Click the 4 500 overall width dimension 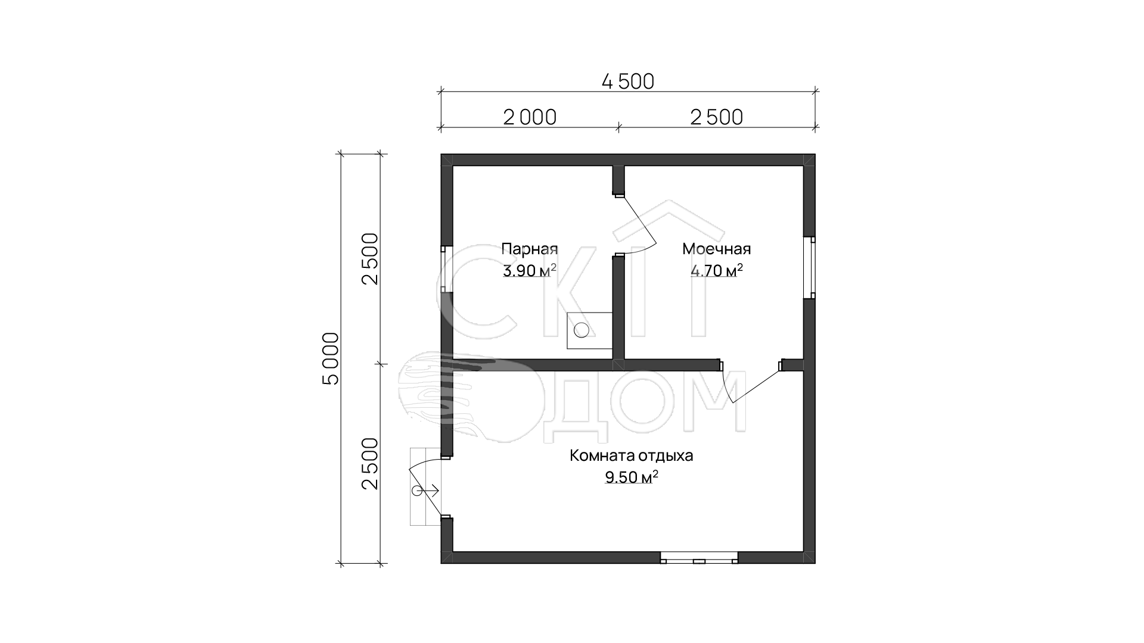click(628, 81)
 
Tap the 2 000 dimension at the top click(530, 117)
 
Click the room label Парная click(530, 249)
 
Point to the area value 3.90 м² click(530, 271)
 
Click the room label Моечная click(717, 249)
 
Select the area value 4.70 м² click(717, 271)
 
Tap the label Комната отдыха click(632, 456)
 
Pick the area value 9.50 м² click(632, 477)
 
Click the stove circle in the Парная click(582, 330)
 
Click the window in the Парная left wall click(446, 269)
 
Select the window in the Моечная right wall click(809, 267)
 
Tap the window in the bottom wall click(700, 558)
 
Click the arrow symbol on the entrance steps click(425, 491)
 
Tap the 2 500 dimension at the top click(717, 117)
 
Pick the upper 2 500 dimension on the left click(370, 259)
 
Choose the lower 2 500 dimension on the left click(370, 464)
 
